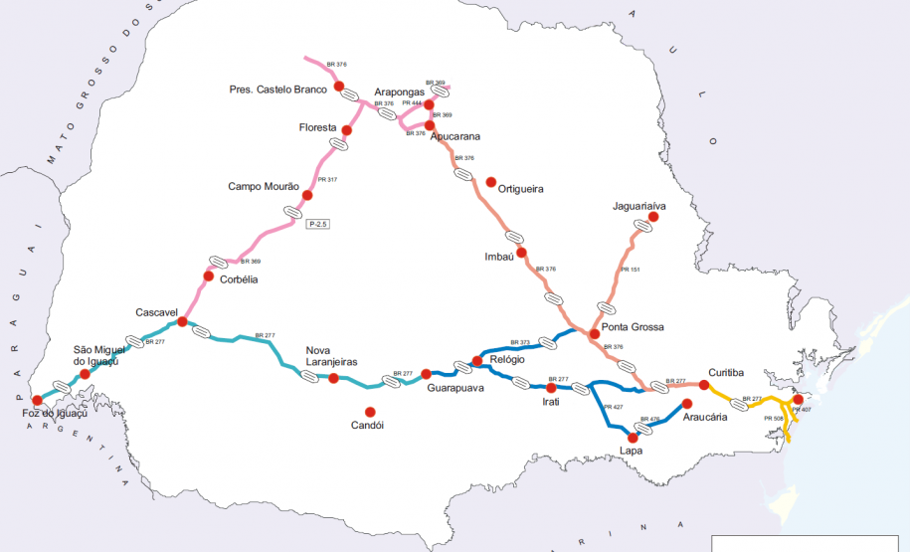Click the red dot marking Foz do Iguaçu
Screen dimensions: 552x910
tap(38, 399)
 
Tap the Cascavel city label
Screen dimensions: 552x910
tap(156, 312)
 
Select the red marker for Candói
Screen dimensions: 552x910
tap(370, 412)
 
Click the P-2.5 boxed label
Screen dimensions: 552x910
tap(317, 225)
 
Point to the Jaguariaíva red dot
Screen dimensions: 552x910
tap(653, 217)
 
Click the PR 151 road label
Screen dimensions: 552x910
tap(631, 269)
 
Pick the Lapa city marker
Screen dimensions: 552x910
tap(632, 436)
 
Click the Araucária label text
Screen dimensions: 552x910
tap(705, 418)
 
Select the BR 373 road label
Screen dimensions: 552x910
tap(518, 341)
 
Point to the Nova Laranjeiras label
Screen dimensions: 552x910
tap(331, 356)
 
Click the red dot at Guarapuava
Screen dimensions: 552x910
tap(426, 374)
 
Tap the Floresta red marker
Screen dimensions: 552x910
tap(347, 130)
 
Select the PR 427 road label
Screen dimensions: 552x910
tap(614, 406)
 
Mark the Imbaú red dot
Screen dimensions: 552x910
tap(521, 253)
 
